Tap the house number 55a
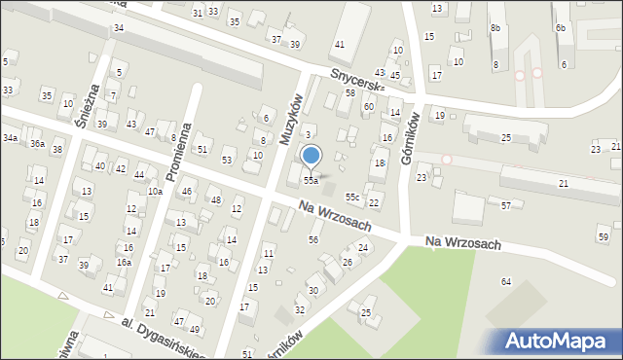[x=310, y=181]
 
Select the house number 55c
[x=352, y=198]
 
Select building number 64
[x=506, y=281]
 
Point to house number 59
[x=604, y=237]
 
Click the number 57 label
[x=506, y=206]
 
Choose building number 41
[x=340, y=45]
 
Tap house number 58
[x=349, y=92]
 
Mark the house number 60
[x=369, y=106]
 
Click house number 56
[x=313, y=239]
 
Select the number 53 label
[x=227, y=160]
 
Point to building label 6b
[x=561, y=28]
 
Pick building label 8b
[x=495, y=28]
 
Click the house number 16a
[x=124, y=262]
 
